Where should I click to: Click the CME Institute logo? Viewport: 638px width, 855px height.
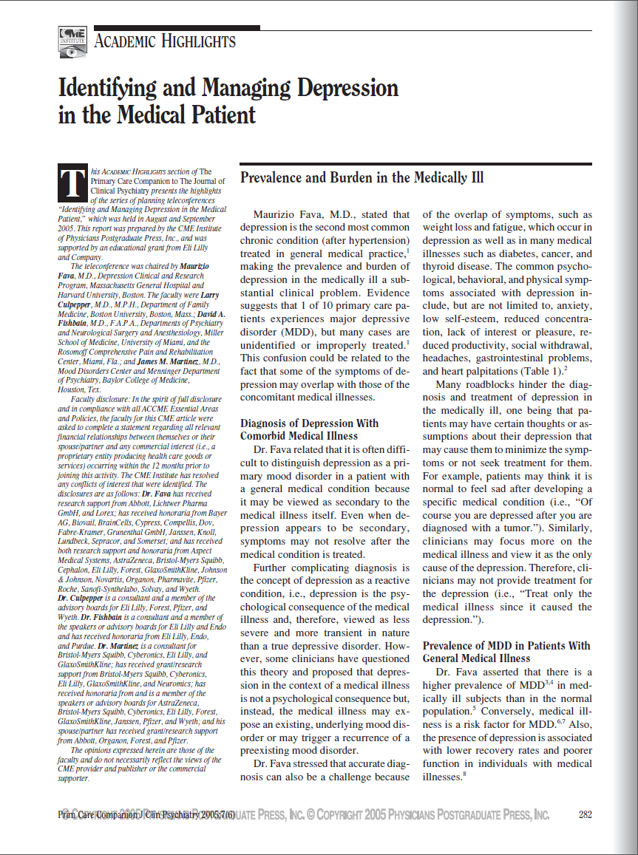(72, 42)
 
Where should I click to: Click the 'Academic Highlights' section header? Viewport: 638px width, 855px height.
(165, 41)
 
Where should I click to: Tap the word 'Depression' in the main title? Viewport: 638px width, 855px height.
(347, 89)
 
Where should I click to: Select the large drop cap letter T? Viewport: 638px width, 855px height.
(72, 184)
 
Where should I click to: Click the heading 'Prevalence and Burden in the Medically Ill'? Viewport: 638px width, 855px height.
(362, 178)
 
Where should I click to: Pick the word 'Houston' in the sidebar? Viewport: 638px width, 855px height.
(72, 389)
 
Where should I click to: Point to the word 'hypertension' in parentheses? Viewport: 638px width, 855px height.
(371, 241)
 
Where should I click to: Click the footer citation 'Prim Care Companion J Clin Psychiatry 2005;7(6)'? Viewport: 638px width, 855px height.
(146, 815)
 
